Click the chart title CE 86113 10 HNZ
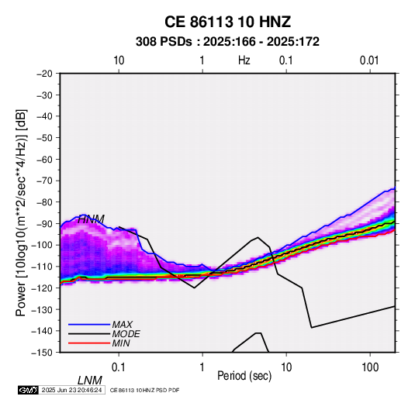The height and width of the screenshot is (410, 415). coord(227,22)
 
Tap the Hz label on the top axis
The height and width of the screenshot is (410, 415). coord(244,60)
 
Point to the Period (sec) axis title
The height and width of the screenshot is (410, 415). coord(244,375)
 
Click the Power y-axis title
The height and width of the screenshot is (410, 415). coord(21,213)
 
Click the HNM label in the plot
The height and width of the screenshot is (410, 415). coord(91,219)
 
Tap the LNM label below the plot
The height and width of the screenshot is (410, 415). coord(90,381)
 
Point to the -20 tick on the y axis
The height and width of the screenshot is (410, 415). coord(45,74)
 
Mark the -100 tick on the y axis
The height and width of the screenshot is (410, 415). coord(42,245)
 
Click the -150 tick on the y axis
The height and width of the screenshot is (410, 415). coord(42,353)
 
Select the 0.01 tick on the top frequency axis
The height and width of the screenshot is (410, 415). coord(369,60)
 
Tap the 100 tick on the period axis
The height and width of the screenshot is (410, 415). coord(370,367)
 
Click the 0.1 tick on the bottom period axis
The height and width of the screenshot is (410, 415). coord(118,367)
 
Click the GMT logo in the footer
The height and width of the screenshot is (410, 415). coord(29,390)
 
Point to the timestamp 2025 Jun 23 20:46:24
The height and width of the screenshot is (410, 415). coord(71,390)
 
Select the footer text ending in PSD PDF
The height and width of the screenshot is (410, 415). coord(144,390)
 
